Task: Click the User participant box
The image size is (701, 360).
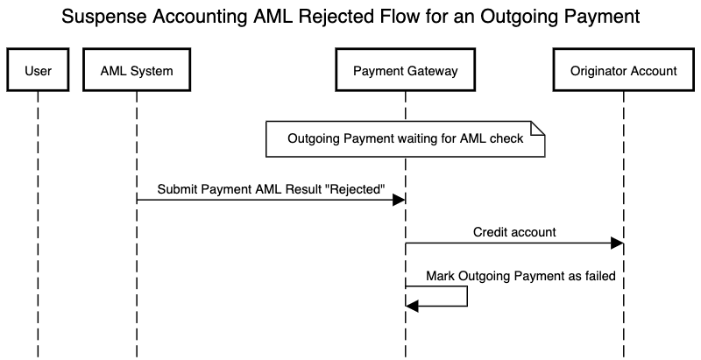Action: [x=39, y=72]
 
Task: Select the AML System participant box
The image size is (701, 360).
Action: [x=137, y=72]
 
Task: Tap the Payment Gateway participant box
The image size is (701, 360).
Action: [x=405, y=72]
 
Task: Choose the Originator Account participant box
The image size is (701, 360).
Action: [x=624, y=72]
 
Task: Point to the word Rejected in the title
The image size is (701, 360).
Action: [x=344, y=17]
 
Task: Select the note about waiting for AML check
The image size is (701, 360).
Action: [x=406, y=139]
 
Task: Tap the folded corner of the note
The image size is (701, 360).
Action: [x=539, y=129]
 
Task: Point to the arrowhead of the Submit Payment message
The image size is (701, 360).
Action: [x=399, y=201]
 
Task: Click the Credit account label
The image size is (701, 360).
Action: [x=514, y=233]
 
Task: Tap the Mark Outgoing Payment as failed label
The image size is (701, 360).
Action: [x=520, y=276]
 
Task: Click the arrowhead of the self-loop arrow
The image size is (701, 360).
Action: [x=413, y=306]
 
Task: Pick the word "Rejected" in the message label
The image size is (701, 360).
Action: [x=355, y=189]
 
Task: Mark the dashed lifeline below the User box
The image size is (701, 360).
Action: [x=39, y=219]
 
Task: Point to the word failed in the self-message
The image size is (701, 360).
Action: [x=598, y=276]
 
